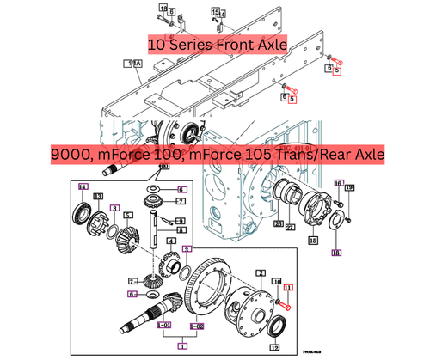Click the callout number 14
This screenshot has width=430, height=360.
[x=83, y=187]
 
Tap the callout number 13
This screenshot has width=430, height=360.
[x=98, y=197]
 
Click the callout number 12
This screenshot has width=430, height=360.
[x=273, y=347]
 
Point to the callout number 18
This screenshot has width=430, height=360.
[x=335, y=253]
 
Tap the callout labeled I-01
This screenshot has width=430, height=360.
[x=163, y=326]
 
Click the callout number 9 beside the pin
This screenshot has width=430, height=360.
[x=181, y=219]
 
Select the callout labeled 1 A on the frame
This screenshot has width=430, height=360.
[x=133, y=63]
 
